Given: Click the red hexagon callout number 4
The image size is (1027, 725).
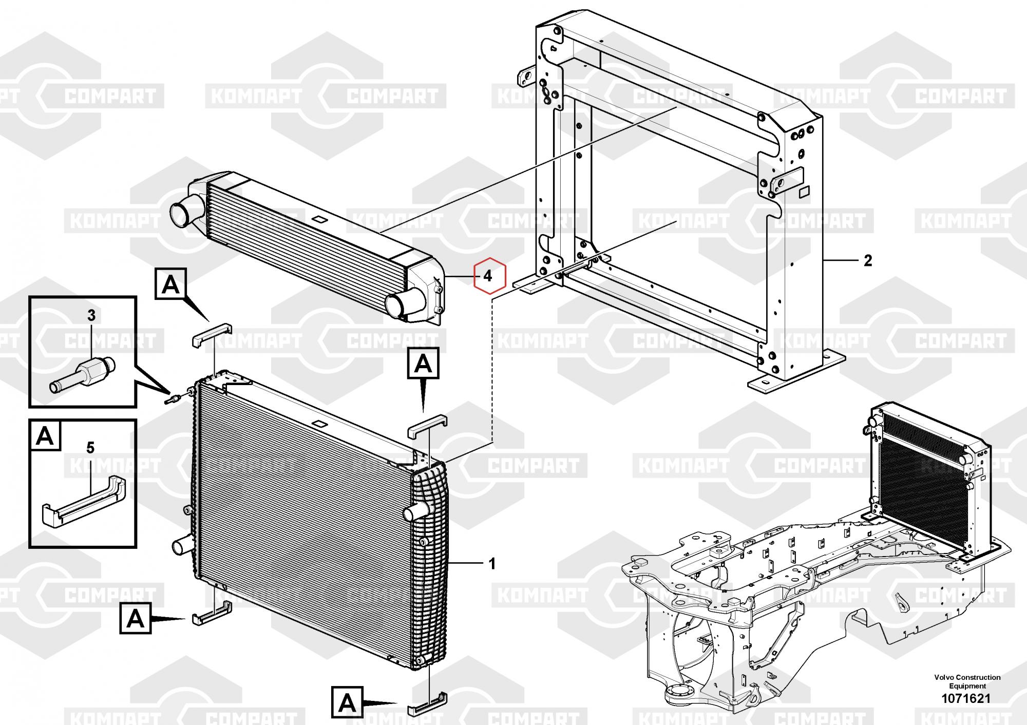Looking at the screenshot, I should click(489, 276).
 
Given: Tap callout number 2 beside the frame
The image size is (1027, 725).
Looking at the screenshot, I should click(867, 261).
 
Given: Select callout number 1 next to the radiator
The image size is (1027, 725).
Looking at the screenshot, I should click(491, 564).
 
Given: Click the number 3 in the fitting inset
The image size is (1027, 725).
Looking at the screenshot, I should click(91, 315).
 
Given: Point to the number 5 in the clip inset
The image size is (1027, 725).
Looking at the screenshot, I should click(90, 448).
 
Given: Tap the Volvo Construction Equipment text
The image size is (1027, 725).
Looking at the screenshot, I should click(967, 681).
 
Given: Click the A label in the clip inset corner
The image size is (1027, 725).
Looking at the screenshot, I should click(45, 436).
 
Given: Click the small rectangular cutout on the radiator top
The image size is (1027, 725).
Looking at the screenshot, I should click(318, 424).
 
